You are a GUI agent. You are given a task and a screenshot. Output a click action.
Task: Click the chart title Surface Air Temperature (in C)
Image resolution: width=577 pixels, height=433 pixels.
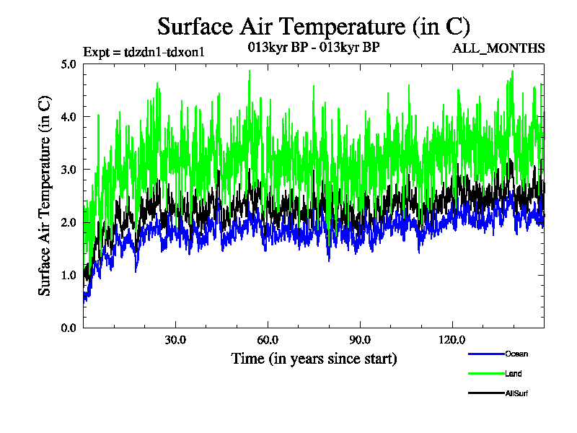click(314, 27)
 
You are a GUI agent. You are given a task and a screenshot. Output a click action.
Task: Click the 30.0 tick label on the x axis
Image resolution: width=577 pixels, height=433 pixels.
click(175, 340)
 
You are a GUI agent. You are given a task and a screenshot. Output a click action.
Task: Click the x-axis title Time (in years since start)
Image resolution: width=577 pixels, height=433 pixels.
click(314, 358)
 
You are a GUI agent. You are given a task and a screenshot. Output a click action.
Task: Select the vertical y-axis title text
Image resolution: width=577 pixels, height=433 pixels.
click(45, 196)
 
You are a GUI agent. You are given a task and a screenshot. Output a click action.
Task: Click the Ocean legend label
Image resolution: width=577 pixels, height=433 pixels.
click(516, 354)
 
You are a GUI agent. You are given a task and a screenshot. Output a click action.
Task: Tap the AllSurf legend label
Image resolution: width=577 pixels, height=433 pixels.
click(517, 393)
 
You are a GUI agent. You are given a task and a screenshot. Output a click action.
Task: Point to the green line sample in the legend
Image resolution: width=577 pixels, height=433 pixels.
click(485, 374)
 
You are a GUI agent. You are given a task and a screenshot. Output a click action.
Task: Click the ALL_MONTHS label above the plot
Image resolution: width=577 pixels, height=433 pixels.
click(498, 48)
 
